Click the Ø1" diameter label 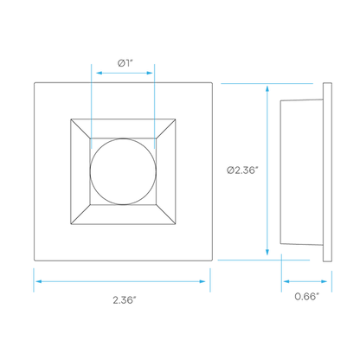[x=126, y=63]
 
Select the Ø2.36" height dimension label [x=241, y=170]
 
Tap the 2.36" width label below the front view [x=124, y=300]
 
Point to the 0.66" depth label [x=307, y=296]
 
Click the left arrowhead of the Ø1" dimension [x=100, y=73]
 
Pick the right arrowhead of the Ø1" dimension [x=150, y=73]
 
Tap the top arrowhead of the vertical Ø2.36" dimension [x=267, y=88]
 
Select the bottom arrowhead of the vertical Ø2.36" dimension [x=267, y=252]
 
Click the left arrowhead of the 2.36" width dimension [x=39, y=281]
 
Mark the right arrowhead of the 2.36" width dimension [x=202, y=281]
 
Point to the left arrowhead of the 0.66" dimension [x=286, y=281]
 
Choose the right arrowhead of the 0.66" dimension [x=324, y=281]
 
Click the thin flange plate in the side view [x=327, y=172]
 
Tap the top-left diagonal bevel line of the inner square [x=80, y=129]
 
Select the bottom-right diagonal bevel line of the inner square [x=165, y=215]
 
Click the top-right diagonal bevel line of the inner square [x=165, y=129]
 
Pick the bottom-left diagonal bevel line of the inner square [x=80, y=215]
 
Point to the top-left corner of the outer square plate [x=35, y=83]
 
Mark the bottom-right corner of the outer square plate [x=213, y=261]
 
